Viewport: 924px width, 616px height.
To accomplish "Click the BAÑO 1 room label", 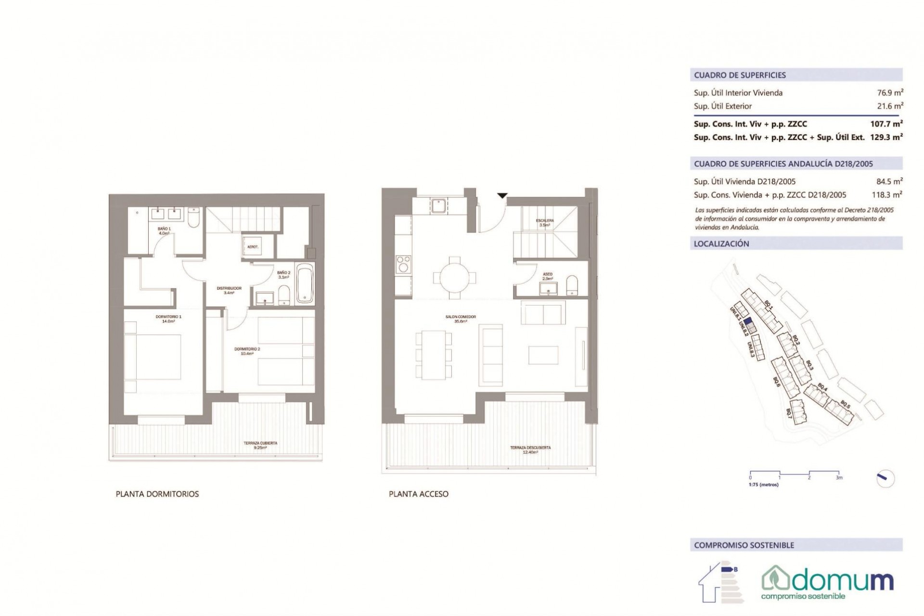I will (x=164, y=231).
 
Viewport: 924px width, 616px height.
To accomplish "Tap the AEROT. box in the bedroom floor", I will (x=253, y=247).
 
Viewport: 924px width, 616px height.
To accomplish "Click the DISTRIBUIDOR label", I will (x=229, y=290).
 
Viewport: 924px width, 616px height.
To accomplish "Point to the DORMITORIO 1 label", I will (x=168, y=319).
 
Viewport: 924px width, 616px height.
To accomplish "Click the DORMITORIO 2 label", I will (x=247, y=351).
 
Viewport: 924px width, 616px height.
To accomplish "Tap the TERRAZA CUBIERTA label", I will (x=260, y=445).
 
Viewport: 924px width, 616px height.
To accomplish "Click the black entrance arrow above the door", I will (x=502, y=196).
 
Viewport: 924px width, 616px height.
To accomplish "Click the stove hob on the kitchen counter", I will (x=403, y=265).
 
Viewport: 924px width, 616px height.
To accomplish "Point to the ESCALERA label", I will (x=545, y=222).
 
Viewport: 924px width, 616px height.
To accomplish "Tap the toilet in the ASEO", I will (x=572, y=284).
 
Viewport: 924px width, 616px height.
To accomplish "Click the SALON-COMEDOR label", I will (x=461, y=319).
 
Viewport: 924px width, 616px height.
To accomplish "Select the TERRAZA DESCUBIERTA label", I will (x=530, y=449).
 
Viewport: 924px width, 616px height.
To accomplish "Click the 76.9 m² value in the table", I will (x=888, y=93).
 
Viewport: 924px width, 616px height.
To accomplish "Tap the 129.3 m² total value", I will (x=886, y=137).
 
